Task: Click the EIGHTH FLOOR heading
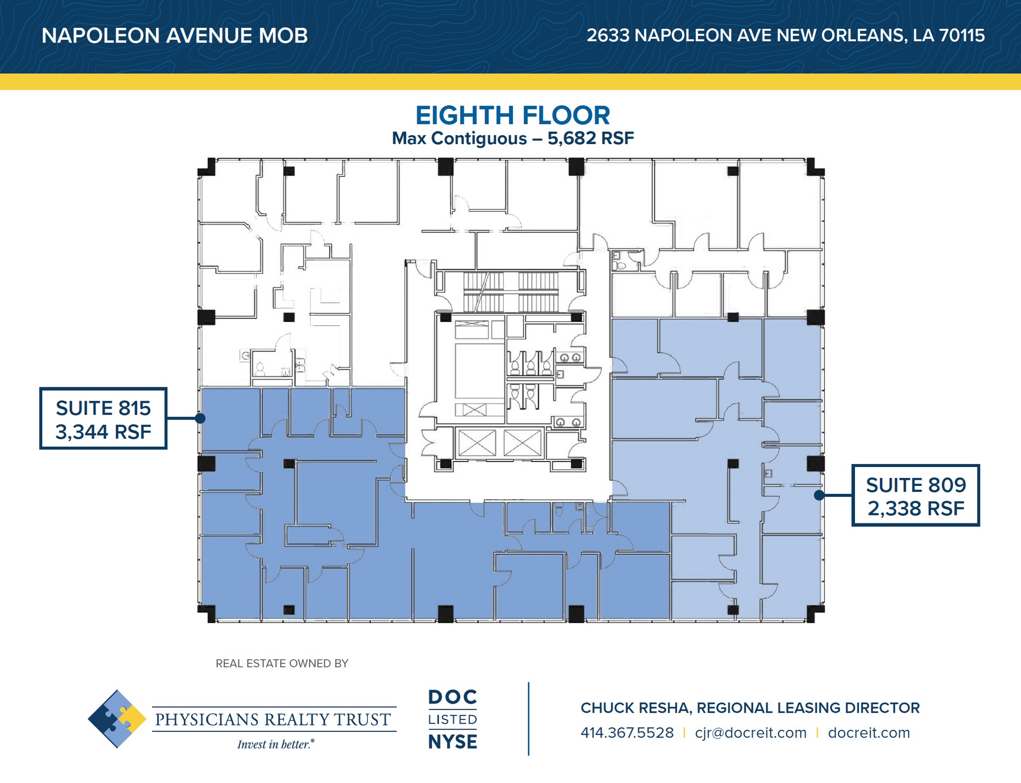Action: pos(512,116)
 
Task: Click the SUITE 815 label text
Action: pos(103,408)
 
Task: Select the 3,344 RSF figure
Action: pos(103,432)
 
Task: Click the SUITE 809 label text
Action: pos(915,485)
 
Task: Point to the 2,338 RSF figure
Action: pos(915,508)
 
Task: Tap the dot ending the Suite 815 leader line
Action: pos(200,418)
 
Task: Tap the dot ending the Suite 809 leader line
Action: pos(819,495)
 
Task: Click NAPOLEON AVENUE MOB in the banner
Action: pos(174,35)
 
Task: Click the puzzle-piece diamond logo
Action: pos(117,719)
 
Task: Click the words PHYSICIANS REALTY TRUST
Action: pos(273,719)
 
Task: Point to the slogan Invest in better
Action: pos(275,744)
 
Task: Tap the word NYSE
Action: pos(453,742)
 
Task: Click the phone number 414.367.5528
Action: pos(627,733)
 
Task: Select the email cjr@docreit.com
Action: pos(750,733)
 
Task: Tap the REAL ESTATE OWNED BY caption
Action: pos(282,663)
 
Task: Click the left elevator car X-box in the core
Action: pos(477,443)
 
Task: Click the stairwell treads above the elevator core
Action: pos(511,292)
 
